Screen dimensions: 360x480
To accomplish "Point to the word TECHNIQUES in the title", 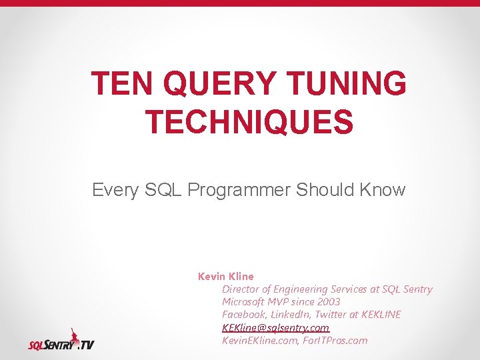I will [249, 122].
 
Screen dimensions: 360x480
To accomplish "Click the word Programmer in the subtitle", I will [240, 190].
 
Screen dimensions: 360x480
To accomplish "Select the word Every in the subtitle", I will [115, 190].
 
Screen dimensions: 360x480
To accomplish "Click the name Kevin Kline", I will [226, 276].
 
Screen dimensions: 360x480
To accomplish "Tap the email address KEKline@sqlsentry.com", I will [275, 327].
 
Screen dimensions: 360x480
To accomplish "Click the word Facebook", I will [244, 315].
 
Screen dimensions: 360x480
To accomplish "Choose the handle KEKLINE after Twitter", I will [380, 315].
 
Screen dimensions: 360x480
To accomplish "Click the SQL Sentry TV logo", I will [61, 340].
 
